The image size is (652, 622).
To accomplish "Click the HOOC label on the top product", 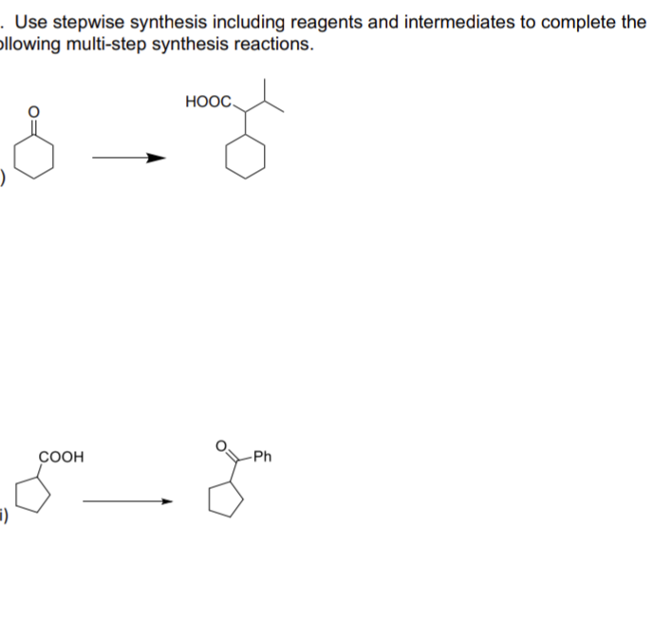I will pos(205,101).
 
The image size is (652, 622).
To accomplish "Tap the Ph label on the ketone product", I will pos(262,457).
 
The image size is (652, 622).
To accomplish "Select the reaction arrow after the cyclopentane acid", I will pos(128,501).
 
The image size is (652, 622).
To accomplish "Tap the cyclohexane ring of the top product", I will pos(246,160).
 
